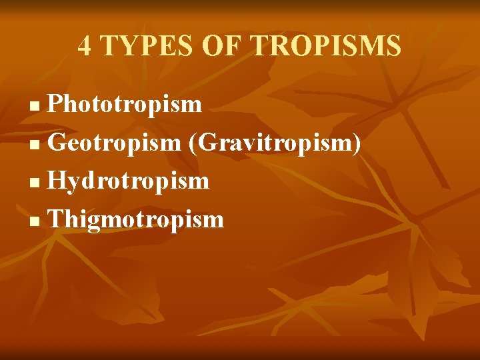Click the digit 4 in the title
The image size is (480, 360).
pyautogui.click(x=85, y=46)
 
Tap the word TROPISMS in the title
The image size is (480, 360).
pyautogui.click(x=326, y=46)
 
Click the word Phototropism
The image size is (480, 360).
pyautogui.click(x=125, y=104)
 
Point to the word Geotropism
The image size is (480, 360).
pyautogui.click(x=114, y=143)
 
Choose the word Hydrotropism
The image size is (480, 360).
pyautogui.click(x=129, y=181)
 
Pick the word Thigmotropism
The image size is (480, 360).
pyautogui.click(x=136, y=219)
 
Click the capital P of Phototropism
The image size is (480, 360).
pyautogui.click(x=56, y=104)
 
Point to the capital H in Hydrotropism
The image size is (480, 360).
pyautogui.click(x=59, y=181)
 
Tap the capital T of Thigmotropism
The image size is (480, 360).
pyautogui.click(x=57, y=219)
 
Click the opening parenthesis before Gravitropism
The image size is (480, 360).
pyautogui.click(x=192, y=143)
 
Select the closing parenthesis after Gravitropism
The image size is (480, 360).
pyautogui.click(x=358, y=143)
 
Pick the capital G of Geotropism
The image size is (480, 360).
pyautogui.click(x=59, y=143)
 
